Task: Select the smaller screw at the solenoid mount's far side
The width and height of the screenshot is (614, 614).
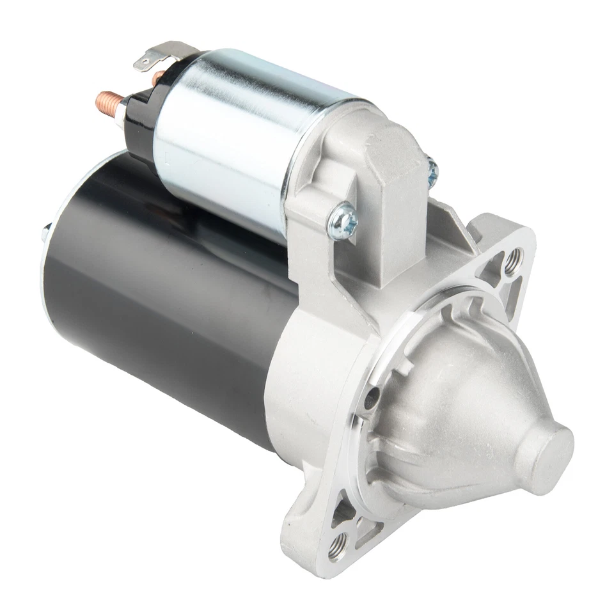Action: coord(433,168)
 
